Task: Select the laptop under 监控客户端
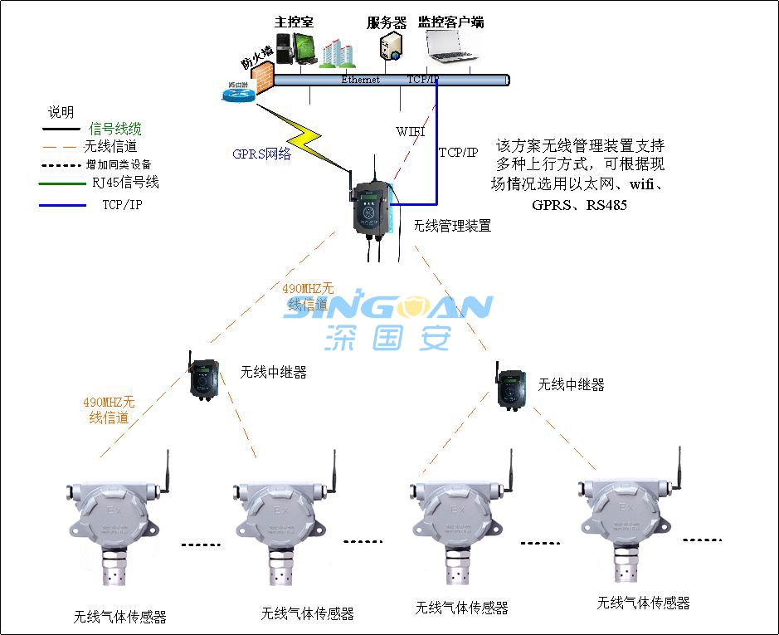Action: coord(450,46)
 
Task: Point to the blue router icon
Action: coord(237,93)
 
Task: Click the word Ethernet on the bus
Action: coord(360,80)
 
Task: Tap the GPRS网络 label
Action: coord(261,154)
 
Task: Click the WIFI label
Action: coord(411,131)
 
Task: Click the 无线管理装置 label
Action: coord(452,225)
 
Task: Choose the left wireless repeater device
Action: coord(203,378)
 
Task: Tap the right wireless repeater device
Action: coord(512,387)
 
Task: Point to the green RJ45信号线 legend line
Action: coord(62,183)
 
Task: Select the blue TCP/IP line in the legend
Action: coord(62,204)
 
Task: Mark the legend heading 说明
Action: coord(61,112)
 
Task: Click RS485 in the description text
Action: coord(606,204)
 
